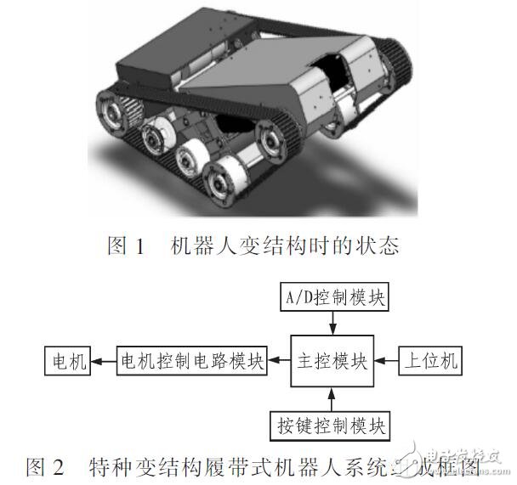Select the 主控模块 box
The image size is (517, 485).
(x=332, y=361)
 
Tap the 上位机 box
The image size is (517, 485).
(x=430, y=362)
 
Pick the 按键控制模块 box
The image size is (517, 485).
(x=332, y=423)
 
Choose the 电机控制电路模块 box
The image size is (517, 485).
(x=191, y=362)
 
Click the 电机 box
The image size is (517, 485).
(x=68, y=362)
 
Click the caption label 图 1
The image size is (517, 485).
(x=128, y=246)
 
